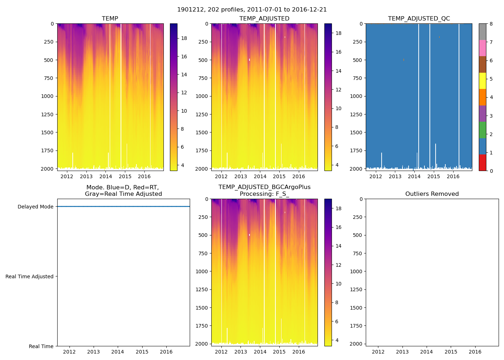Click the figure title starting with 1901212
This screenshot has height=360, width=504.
point(252,10)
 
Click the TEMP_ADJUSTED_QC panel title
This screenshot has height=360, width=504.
point(419,19)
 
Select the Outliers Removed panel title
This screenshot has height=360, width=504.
point(432,194)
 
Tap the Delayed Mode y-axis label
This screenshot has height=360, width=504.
point(35,207)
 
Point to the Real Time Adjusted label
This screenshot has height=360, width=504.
point(30,276)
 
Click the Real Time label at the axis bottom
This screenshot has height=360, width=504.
point(41,346)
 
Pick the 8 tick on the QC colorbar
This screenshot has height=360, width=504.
point(491,24)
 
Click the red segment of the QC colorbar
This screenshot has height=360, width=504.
point(482,163)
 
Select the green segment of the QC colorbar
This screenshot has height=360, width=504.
point(482,130)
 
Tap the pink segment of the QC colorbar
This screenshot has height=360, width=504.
point(482,48)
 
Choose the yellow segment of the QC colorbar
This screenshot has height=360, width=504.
point(482,81)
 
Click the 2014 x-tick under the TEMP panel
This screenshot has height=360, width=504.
point(105,176)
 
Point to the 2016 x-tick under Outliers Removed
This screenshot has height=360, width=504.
point(475,352)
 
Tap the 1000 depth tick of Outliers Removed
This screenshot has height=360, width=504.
point(357,271)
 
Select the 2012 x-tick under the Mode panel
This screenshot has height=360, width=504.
point(69,352)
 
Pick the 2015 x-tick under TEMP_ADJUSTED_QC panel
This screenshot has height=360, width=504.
point(433,176)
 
